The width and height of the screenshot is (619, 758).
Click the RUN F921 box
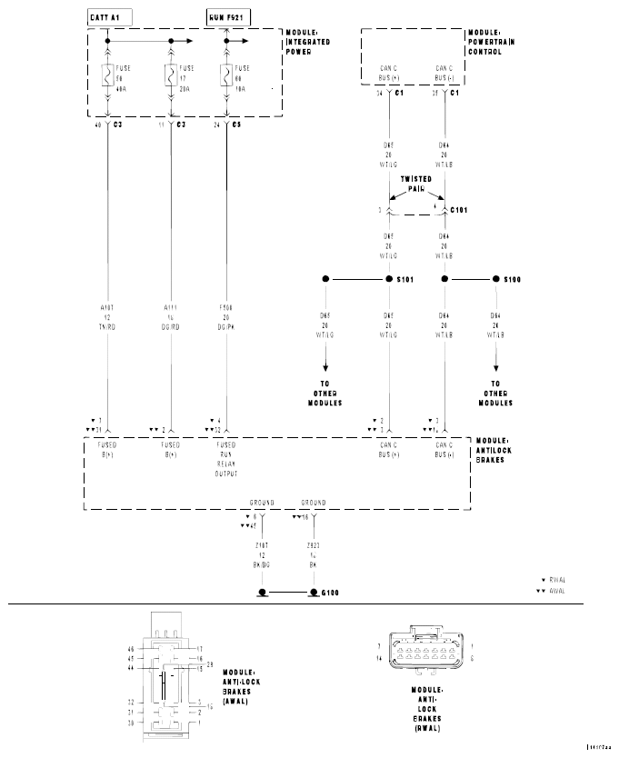pyautogui.click(x=225, y=17)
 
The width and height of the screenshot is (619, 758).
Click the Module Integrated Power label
pyautogui.click(x=308, y=42)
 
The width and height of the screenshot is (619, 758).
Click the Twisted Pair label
pyautogui.click(x=417, y=184)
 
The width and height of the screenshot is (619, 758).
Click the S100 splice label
pyautogui.click(x=513, y=279)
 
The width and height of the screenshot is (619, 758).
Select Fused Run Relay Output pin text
pyautogui.click(x=226, y=459)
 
